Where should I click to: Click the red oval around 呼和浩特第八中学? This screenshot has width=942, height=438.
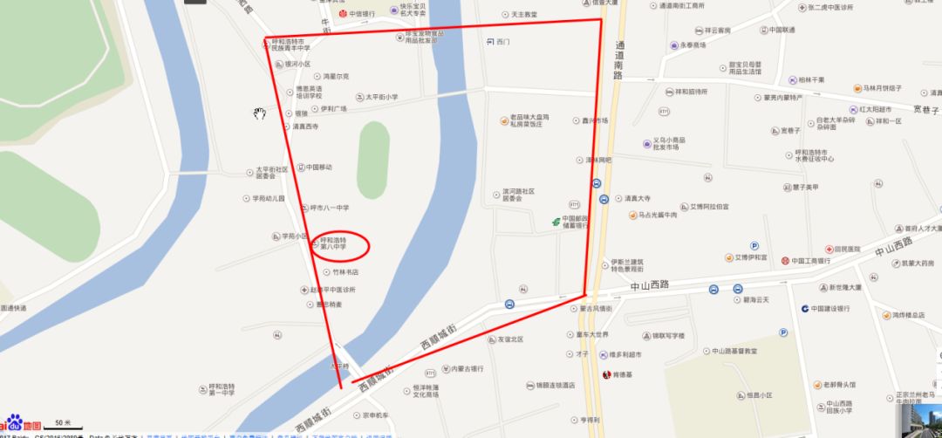pyautogui.click(x=340, y=244)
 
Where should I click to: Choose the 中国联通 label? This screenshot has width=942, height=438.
pyautogui.click(x=782, y=30)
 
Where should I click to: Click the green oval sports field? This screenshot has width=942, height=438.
pyautogui.click(x=373, y=154)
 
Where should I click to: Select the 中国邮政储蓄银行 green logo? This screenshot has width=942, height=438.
pyautogui.click(x=554, y=222)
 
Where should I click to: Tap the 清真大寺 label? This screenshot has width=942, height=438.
pyautogui.click(x=643, y=197)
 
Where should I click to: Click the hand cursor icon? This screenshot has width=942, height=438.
pyautogui.click(x=259, y=113)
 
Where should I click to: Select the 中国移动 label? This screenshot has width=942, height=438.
pyautogui.click(x=318, y=167)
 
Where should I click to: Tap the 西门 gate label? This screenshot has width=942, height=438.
pyautogui.click(x=502, y=41)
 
